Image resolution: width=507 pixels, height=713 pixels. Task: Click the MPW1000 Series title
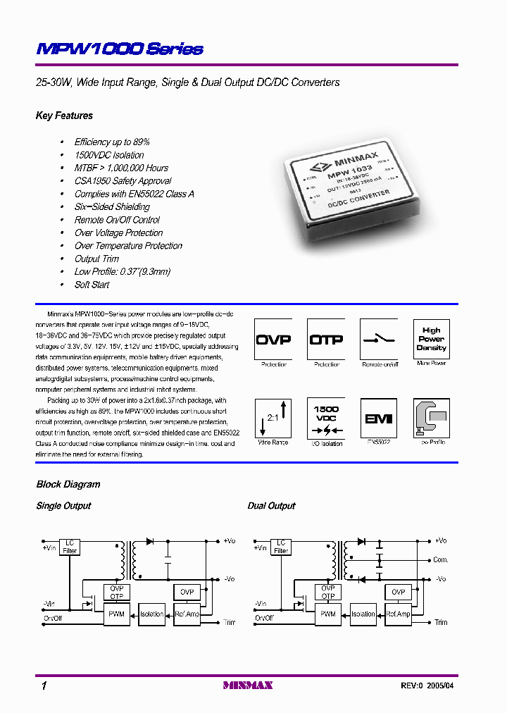point(120,49)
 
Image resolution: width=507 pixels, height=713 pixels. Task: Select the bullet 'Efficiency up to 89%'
point(112,142)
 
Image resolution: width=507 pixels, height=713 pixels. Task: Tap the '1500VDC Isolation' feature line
point(109,155)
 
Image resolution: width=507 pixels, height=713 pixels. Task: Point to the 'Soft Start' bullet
point(92,285)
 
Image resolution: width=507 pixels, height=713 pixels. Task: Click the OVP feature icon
point(273,339)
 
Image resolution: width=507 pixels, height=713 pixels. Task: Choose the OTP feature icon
point(326,339)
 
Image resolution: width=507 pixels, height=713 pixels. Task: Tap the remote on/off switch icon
point(379,339)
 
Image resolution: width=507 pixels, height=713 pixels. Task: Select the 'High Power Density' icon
point(431,339)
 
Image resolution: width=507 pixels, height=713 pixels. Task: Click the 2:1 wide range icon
point(273,418)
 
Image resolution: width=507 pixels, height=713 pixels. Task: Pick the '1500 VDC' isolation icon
point(326,418)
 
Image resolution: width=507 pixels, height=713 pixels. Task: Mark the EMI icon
point(379,418)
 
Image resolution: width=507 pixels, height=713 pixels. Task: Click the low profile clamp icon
point(431,418)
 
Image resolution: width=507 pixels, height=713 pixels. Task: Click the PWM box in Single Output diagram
point(116,614)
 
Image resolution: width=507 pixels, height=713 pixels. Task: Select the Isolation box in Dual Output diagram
point(363,614)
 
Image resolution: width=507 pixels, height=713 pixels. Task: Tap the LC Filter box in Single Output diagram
point(70,546)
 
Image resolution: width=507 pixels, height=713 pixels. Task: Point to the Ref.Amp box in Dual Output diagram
point(398,614)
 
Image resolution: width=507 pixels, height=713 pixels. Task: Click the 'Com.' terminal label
point(441,560)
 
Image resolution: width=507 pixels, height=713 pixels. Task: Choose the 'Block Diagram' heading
point(68,484)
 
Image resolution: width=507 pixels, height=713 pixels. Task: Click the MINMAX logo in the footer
point(247,685)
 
